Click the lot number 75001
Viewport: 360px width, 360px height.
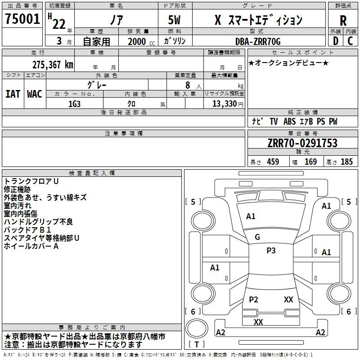click(x=22, y=18)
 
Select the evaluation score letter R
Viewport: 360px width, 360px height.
click(x=343, y=20)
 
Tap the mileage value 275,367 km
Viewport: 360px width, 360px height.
click(x=53, y=64)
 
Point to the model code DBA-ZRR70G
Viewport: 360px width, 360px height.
click(x=258, y=41)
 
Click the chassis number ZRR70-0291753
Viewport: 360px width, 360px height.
click(x=302, y=143)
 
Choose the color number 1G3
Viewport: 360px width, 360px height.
click(x=74, y=104)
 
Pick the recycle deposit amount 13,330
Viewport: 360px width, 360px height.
click(x=225, y=103)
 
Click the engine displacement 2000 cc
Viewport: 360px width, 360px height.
click(x=141, y=41)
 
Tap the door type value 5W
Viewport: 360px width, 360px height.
click(x=174, y=20)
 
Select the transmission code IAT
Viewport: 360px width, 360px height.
click(x=13, y=94)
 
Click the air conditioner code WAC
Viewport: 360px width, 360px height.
click(x=35, y=94)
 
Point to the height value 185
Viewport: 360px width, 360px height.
click(x=346, y=162)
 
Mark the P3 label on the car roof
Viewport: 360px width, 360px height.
click(x=271, y=250)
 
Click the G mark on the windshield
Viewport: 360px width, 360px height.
click(x=257, y=237)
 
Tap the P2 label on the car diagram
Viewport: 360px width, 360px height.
click(x=253, y=299)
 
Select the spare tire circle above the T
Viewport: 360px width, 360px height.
click(x=197, y=328)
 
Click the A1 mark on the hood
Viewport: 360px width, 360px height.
click(x=251, y=216)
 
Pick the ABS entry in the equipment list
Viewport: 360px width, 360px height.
click(x=289, y=121)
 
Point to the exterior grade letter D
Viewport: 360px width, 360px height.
click(x=336, y=41)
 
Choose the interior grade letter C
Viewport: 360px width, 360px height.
click(x=350, y=41)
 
